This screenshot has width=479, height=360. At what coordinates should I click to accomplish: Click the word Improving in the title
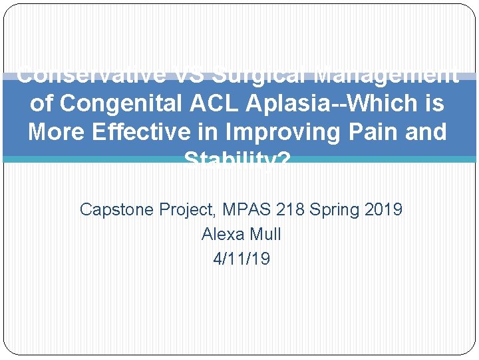(x=275, y=132)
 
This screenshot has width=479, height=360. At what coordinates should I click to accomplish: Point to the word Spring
(x=335, y=209)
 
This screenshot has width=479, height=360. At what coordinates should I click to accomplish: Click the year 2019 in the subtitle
(x=384, y=209)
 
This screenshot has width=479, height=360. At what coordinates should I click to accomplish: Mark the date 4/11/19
(x=241, y=259)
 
